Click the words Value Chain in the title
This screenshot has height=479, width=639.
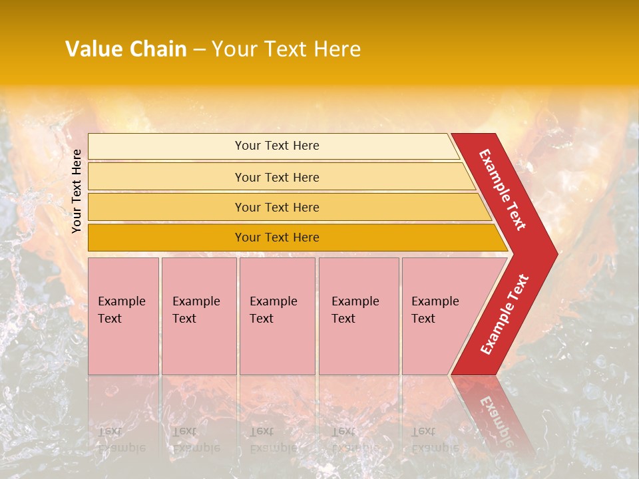pos(126,49)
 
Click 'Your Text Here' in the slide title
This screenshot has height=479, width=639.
pos(286,49)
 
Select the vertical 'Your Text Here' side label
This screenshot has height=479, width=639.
pos(77,191)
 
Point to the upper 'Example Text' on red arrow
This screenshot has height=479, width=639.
pos(503,190)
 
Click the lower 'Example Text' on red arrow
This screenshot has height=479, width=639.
pos(505,314)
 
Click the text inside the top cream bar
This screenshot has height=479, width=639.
pos(277,146)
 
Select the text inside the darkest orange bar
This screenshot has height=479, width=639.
pos(277,238)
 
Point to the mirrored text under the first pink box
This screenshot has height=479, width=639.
pos(121,439)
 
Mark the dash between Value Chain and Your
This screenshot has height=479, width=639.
pos(199,50)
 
